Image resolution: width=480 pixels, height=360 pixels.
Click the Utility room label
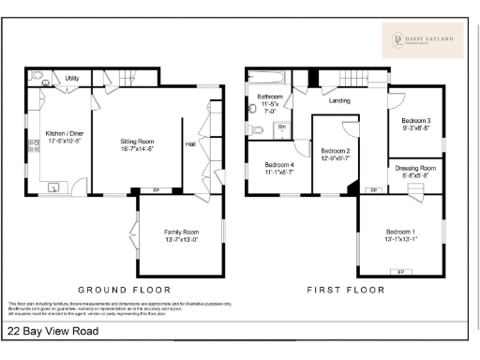[x=71, y=79]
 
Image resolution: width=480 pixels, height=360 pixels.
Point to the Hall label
[x=191, y=144]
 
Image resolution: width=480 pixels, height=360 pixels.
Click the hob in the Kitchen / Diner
[x=35, y=144]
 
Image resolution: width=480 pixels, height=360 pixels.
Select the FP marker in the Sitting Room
[x=156, y=190]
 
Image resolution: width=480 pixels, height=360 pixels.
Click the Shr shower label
[x=280, y=127]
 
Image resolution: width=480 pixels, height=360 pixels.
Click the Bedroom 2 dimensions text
[x=336, y=158]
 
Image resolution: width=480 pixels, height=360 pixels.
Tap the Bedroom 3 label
[x=416, y=121]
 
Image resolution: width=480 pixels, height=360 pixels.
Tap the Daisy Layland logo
[x=421, y=39]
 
